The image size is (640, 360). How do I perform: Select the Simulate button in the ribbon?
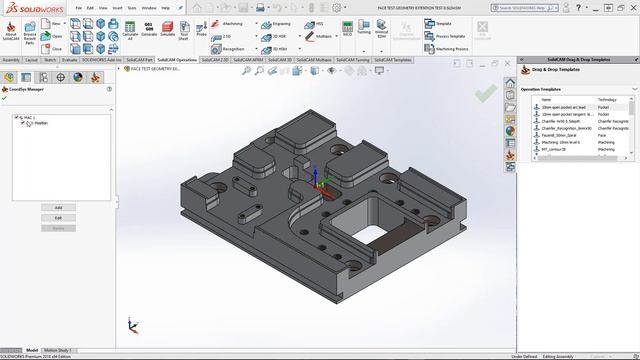click(168, 31)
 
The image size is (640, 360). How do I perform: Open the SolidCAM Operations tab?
click(176, 60)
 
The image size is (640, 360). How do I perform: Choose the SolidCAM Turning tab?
click(354, 60)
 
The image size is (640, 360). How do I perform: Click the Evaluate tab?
click(69, 60)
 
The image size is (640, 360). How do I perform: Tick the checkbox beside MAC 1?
click(17, 118)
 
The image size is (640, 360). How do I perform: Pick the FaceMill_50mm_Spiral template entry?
click(562, 135)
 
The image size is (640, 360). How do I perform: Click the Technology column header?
click(608, 100)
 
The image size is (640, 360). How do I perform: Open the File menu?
click(75, 8)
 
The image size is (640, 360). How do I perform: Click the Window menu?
click(148, 8)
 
